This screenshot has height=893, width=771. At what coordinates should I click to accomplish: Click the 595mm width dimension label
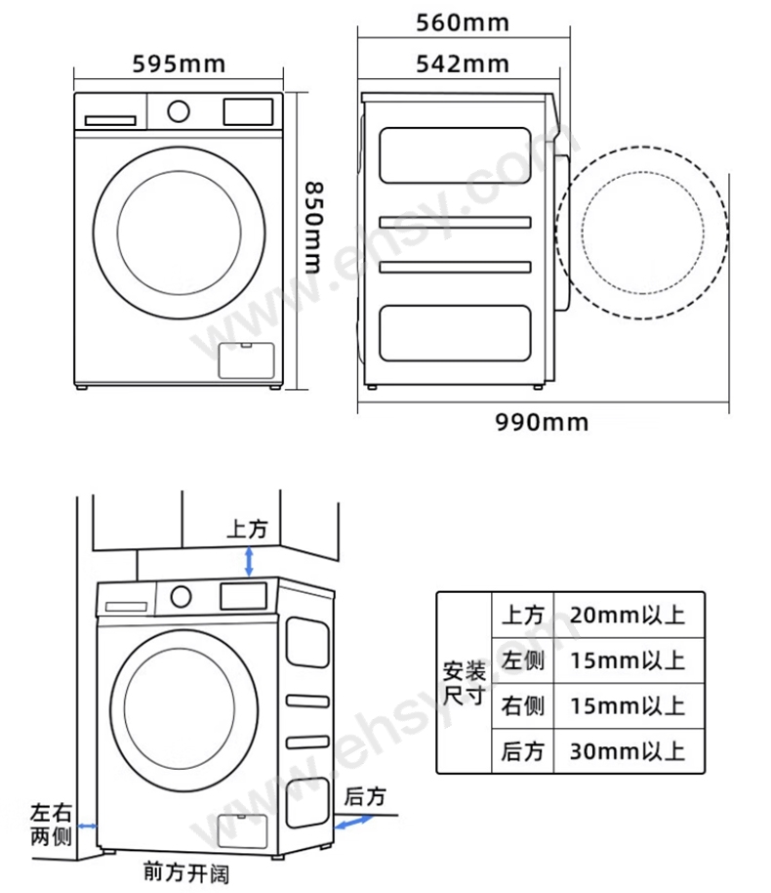click(x=179, y=64)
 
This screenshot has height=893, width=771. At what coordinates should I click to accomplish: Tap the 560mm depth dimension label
click(x=462, y=22)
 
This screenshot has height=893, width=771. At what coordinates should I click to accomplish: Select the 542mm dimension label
click(x=462, y=64)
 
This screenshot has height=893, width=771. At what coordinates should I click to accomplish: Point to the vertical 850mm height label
click(x=314, y=228)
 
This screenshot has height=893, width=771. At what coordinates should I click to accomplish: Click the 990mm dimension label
click(x=542, y=423)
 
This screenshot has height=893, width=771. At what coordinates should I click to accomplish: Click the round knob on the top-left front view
click(x=179, y=111)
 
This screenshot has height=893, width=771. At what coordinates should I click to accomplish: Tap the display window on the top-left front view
click(x=248, y=111)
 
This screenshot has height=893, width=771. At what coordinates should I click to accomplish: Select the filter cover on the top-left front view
click(x=246, y=361)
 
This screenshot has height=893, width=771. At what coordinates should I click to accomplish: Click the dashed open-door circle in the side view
click(x=642, y=149)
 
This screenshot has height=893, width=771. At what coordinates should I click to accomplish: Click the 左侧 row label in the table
click(x=522, y=660)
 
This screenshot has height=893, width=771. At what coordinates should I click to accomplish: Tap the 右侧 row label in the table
click(x=522, y=706)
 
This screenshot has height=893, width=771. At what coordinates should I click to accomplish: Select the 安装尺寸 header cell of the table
click(x=465, y=683)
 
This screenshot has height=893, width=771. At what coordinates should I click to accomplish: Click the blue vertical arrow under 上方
click(x=249, y=562)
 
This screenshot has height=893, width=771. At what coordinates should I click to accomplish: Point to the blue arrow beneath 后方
click(x=353, y=822)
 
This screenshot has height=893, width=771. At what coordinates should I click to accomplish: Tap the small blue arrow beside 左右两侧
click(x=88, y=826)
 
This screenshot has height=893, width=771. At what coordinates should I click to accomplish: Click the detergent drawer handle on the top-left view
click(x=110, y=120)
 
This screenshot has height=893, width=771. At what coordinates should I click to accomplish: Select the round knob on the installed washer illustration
click(x=181, y=597)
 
